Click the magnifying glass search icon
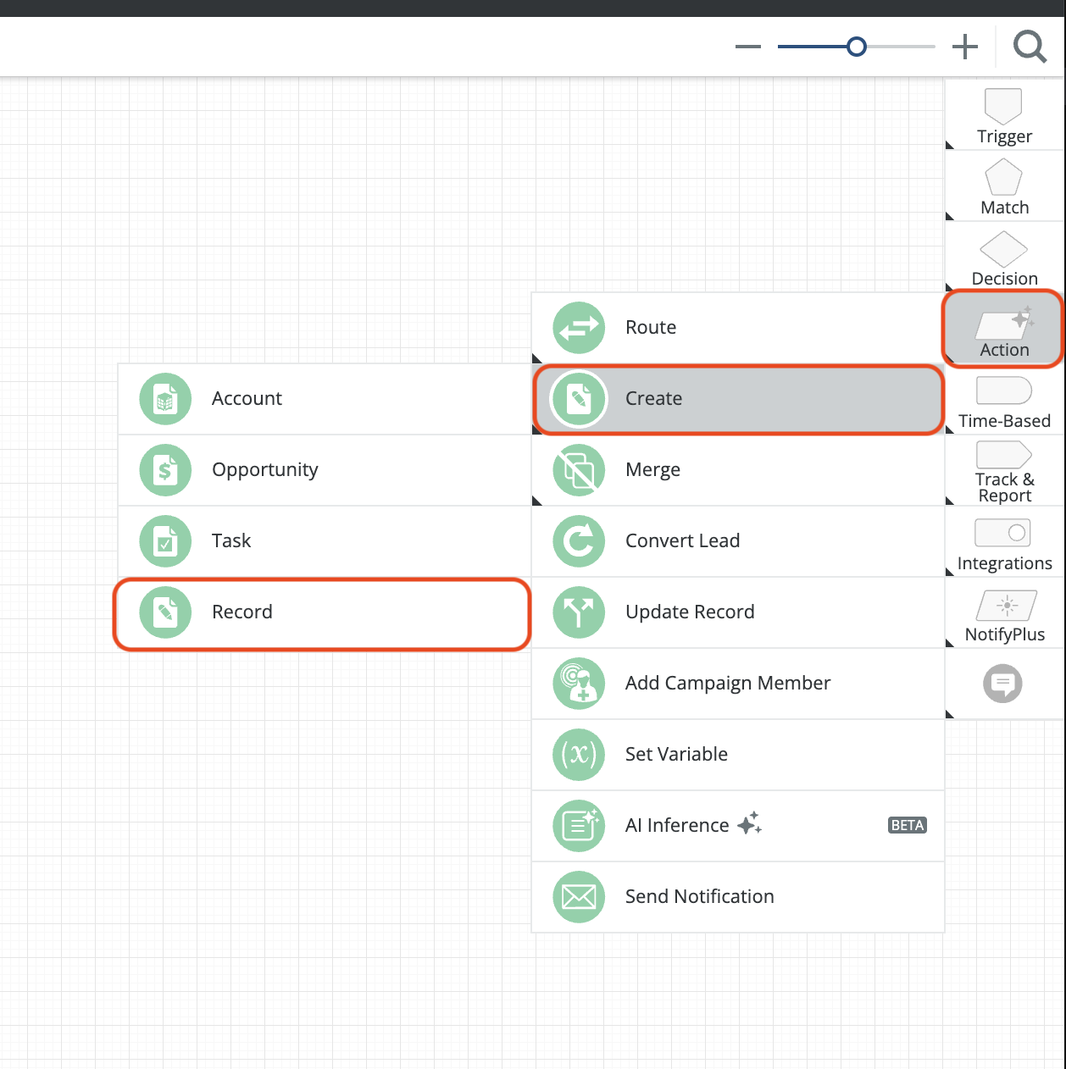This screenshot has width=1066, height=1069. pyautogui.click(x=1030, y=47)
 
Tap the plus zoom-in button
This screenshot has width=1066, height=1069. pyautogui.click(x=965, y=47)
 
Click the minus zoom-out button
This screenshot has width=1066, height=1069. pyautogui.click(x=748, y=47)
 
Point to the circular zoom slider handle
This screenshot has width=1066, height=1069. pyautogui.click(x=856, y=47)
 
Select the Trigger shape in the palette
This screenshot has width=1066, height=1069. pyautogui.click(x=1003, y=106)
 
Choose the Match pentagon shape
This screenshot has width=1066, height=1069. pyautogui.click(x=1003, y=177)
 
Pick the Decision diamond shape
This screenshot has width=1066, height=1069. pyautogui.click(x=1003, y=249)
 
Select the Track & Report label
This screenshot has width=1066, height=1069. pyautogui.click(x=1005, y=487)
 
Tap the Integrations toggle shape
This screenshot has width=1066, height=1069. pyautogui.click(x=1002, y=533)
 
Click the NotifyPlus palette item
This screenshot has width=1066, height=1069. pyautogui.click(x=1005, y=616)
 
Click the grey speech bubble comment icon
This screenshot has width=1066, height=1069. pyautogui.click(x=1002, y=684)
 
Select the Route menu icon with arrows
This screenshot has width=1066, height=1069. pyautogui.click(x=579, y=328)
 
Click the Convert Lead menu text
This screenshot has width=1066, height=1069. pyautogui.click(x=682, y=541)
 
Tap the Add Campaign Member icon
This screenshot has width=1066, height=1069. pyautogui.click(x=579, y=684)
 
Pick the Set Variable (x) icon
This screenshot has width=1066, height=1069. pyautogui.click(x=579, y=755)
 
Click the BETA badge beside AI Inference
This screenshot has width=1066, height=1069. pyautogui.click(x=908, y=825)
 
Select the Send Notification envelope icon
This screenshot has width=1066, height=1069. pyautogui.click(x=579, y=897)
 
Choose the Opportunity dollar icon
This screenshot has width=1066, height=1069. pyautogui.click(x=165, y=470)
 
